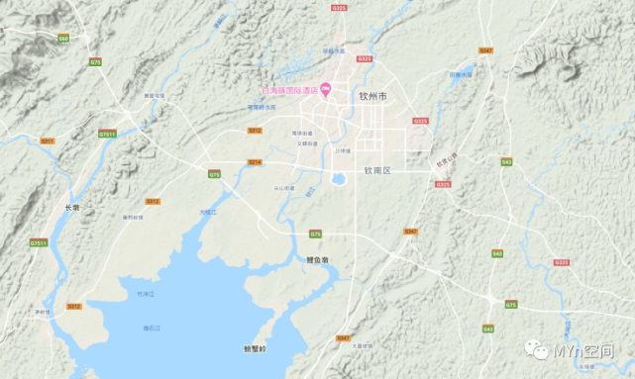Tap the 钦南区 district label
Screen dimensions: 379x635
click(x=377, y=170)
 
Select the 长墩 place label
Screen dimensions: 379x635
click(x=70, y=207)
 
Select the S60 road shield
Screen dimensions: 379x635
click(x=63, y=38)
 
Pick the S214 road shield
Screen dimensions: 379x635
click(x=255, y=161)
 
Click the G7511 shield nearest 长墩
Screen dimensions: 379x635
click(x=39, y=242)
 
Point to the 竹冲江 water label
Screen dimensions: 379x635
click(x=146, y=294)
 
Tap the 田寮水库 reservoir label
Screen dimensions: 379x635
click(x=461, y=74)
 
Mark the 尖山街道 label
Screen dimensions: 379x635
click(x=284, y=187)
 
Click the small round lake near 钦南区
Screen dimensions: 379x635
click(x=339, y=179)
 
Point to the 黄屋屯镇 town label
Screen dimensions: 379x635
click(x=154, y=95)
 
